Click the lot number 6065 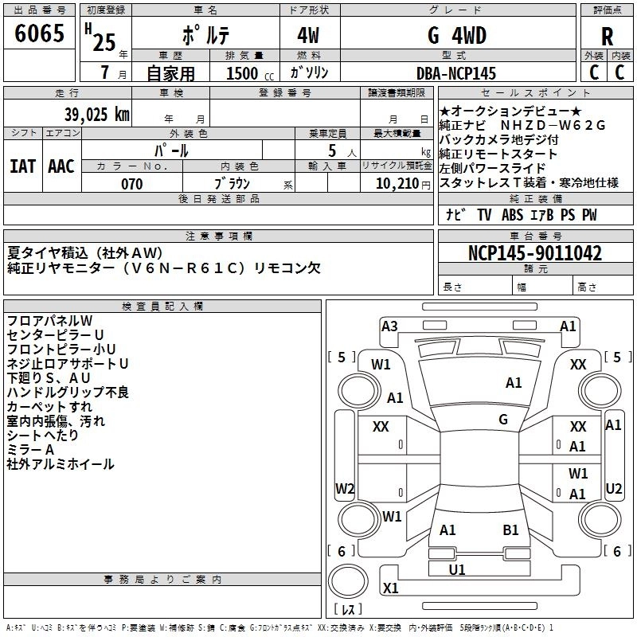pos(39,34)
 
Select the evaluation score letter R pos(607,36)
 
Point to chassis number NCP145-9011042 pos(534,253)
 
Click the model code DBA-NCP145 pos(456,73)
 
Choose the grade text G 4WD pos(456,36)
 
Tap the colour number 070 pos(131,184)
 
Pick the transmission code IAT pos(22,166)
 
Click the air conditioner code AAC pos(61,166)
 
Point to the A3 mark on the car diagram pos(389,326)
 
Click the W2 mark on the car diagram pos(344,488)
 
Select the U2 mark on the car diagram pos(613,488)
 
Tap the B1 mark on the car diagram pos(510,530)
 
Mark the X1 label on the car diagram pos(390,588)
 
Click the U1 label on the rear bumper pos(457,569)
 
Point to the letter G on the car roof pos(503,420)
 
